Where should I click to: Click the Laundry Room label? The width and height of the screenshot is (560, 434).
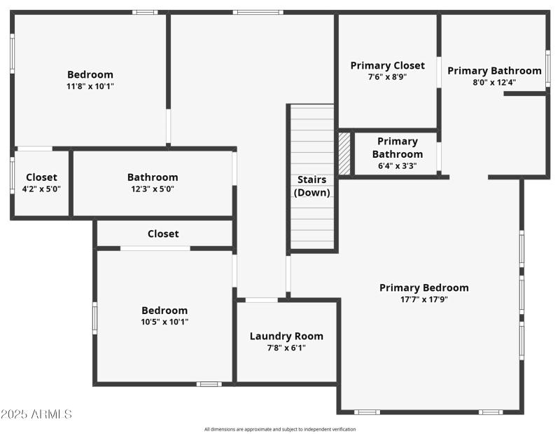tap(286, 336)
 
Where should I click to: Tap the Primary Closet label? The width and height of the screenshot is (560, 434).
tap(387, 65)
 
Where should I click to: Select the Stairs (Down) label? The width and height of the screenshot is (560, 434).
tap(312, 186)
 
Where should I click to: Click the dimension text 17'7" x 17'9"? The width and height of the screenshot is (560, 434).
tap(423, 299)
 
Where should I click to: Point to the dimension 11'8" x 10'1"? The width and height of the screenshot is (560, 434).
tap(90, 86)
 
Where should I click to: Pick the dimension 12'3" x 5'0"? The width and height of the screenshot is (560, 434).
tap(153, 189)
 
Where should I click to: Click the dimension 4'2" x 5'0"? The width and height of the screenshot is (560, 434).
tap(41, 189)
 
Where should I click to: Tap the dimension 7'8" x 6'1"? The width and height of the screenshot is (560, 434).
tap(286, 348)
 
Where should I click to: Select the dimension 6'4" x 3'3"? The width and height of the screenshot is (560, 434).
tap(397, 166)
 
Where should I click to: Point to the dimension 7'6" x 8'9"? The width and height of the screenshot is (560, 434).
tap(387, 77)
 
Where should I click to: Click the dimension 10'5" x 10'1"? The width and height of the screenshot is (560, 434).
tap(164, 322)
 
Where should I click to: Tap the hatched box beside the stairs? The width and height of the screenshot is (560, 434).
tap(344, 154)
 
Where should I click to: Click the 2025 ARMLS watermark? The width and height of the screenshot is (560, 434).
tap(36, 414)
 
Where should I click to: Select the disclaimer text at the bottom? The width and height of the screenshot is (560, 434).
tap(280, 429)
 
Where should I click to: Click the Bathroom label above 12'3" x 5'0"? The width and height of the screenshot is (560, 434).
tap(153, 177)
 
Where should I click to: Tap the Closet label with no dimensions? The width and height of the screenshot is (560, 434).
tap(163, 233)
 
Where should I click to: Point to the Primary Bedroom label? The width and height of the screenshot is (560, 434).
tap(423, 287)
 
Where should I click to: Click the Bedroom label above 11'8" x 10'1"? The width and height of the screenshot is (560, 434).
tap(90, 74)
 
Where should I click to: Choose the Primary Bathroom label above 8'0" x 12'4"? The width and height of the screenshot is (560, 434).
tap(494, 70)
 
